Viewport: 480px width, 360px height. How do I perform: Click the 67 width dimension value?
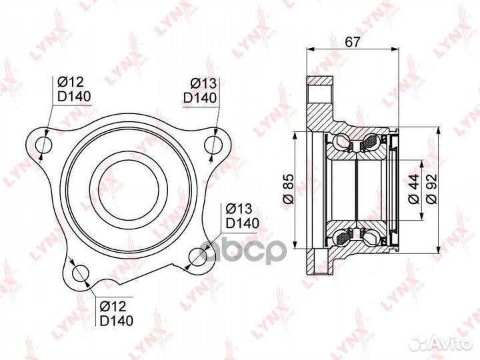352,41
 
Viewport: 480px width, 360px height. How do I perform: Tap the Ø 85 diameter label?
289,189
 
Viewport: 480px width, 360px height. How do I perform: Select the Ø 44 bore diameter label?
413,189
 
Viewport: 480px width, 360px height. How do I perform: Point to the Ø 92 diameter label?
431,189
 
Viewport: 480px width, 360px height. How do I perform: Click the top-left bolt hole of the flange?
43,144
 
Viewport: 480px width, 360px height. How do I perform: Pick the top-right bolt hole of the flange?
213,144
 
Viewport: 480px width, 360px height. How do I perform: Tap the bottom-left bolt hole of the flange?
80,273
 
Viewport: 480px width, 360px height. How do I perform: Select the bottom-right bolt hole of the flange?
198,256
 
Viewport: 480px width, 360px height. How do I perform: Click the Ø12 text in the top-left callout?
70,82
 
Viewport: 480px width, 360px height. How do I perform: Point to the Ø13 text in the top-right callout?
203,83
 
